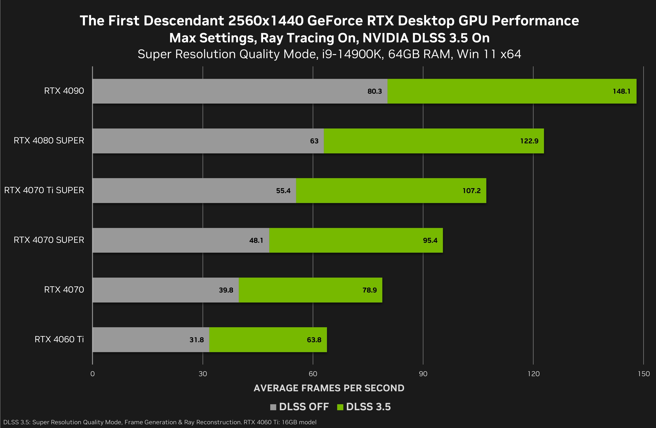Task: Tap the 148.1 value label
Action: pos(621,91)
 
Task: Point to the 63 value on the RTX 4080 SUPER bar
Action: pos(314,141)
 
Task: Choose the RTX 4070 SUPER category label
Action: pos(49,240)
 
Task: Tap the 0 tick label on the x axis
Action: pos(93,374)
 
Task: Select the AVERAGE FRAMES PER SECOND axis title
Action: pos(329,388)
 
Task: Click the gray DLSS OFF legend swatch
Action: pos(273,407)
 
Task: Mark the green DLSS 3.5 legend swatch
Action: pos(340,407)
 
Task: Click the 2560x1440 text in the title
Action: pos(266,21)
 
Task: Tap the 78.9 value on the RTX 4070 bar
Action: pos(369,290)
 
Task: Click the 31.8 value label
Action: pos(197,340)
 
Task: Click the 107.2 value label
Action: pos(471,191)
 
